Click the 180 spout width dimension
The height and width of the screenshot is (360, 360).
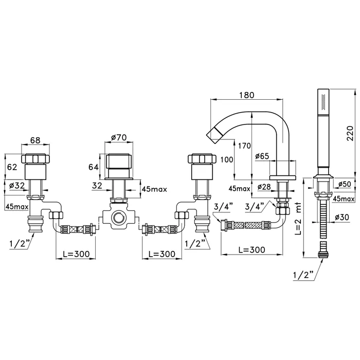[x=246, y=95]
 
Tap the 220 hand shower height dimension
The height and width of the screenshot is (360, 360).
[x=350, y=133]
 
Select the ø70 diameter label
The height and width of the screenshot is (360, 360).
[x=119, y=137]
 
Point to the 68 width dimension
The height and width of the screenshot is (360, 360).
[x=35, y=140]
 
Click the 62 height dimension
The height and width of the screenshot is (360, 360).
[x=12, y=167]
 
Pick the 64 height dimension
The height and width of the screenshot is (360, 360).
[x=94, y=167]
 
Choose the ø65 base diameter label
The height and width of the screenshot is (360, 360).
[x=262, y=156]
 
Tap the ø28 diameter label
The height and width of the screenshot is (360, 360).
[x=264, y=187]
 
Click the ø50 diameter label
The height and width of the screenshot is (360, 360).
[x=345, y=184]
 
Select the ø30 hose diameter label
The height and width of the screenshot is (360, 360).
[x=342, y=217]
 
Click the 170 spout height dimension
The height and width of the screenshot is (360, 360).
[x=244, y=146]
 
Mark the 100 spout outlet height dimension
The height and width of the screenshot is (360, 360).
[x=227, y=159]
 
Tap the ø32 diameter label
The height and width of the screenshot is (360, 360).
[x=17, y=185]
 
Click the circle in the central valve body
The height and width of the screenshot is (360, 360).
[x=118, y=217]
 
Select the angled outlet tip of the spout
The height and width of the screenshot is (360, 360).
[x=213, y=134]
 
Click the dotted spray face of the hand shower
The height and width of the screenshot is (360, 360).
[x=324, y=101]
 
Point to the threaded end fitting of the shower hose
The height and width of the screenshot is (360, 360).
[x=323, y=255]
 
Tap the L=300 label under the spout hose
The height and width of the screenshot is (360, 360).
[x=252, y=249]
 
